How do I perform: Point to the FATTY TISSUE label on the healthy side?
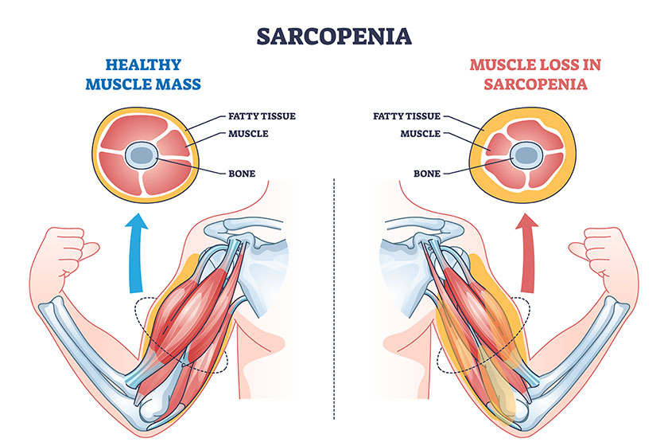pyautogui.click(x=262, y=116)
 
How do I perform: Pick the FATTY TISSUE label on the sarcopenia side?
pyautogui.click(x=406, y=116)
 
